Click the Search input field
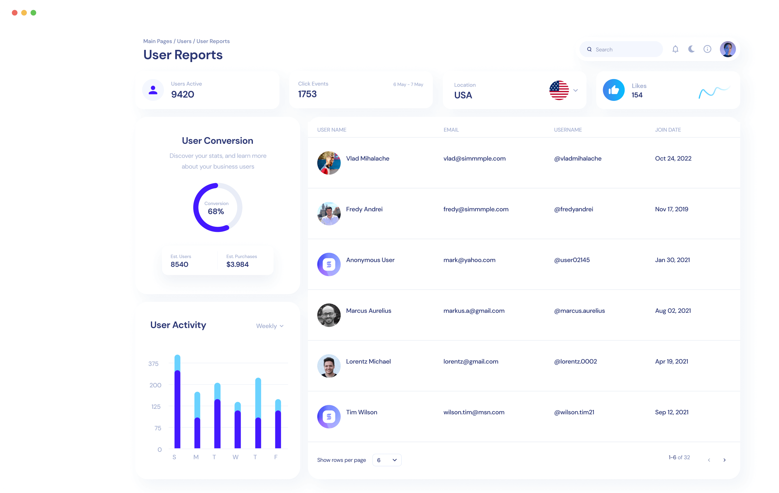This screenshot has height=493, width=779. [625, 50]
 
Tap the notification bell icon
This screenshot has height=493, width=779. [675, 49]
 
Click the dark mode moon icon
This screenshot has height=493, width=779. [691, 49]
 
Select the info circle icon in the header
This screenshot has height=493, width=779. [707, 49]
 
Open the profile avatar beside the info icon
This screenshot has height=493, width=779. [728, 49]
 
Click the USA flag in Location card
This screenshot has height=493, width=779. [559, 90]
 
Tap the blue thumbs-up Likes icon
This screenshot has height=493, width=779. [613, 90]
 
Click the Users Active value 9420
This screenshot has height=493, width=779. [183, 95]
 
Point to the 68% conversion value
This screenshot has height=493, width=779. [216, 212]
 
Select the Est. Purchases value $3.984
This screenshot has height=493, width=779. [237, 264]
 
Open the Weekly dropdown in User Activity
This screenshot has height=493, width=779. [270, 326]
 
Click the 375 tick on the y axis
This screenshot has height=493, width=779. [153, 364]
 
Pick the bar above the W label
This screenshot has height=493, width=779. [237, 425]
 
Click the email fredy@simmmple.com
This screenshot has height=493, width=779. [476, 209]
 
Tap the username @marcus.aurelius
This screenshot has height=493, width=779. [579, 311]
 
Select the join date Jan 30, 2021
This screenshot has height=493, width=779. [672, 260]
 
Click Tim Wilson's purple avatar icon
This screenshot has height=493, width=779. [329, 417]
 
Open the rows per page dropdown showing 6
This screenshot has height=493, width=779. [387, 460]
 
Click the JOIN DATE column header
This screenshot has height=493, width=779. [668, 130]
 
